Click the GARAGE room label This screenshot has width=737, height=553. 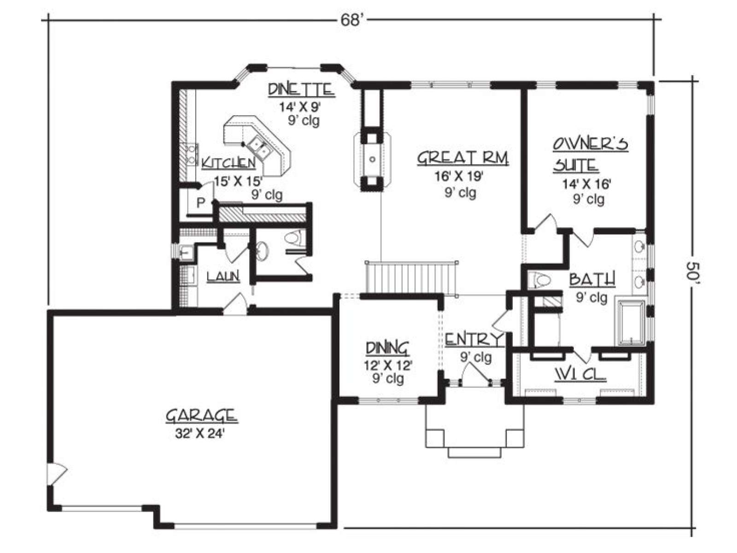pos(202,415)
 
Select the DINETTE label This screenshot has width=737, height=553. pos(301,89)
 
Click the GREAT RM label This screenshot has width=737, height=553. pos(462,159)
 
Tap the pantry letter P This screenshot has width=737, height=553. pos(200,203)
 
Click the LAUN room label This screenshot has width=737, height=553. pos(223,276)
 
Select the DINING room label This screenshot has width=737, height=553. pos(388,348)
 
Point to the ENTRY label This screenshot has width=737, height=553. pos(474,339)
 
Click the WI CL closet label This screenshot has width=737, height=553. pos(580,374)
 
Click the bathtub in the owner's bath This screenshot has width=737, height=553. pos(631,323)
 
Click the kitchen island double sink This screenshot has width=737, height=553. pos(259,148)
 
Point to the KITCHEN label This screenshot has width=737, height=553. pos(228,163)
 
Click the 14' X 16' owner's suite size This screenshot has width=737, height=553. pos(586,184)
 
